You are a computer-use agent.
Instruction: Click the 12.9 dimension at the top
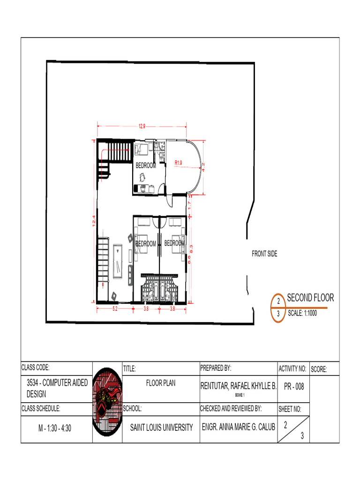(142, 126)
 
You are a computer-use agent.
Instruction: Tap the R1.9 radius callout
(178, 162)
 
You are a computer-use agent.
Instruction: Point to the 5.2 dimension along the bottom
(114, 309)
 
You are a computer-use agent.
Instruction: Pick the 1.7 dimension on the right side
(189, 204)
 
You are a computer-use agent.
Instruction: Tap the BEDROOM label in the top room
(146, 165)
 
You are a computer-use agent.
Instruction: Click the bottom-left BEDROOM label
(146, 244)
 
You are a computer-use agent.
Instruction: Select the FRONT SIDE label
(264, 254)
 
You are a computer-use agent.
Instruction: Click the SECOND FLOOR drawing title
(310, 298)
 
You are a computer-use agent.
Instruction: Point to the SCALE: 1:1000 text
(302, 314)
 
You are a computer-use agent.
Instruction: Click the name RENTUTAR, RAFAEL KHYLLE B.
(238, 386)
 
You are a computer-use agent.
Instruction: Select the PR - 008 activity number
(293, 386)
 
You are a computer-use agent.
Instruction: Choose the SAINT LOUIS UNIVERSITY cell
(161, 427)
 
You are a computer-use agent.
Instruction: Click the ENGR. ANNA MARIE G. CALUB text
(238, 427)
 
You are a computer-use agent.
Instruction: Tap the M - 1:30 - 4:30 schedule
(55, 428)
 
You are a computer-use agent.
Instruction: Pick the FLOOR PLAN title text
(161, 383)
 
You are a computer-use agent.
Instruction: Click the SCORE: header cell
(319, 370)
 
